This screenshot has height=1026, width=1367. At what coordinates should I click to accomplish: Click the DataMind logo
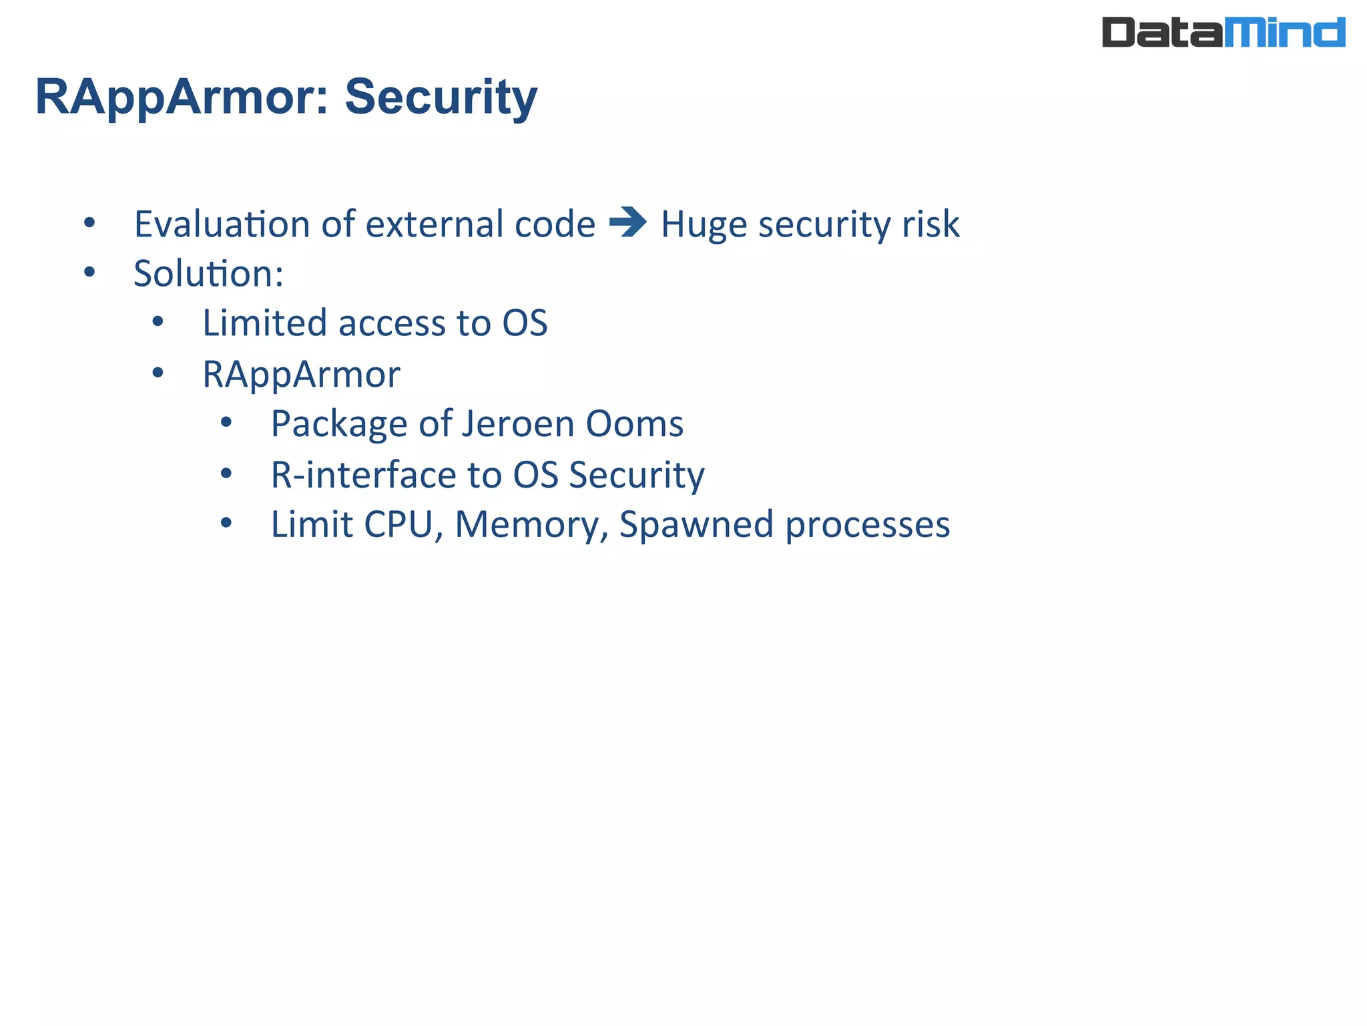pyautogui.click(x=1223, y=32)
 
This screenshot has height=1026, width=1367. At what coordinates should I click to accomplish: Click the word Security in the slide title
pyautogui.click(x=441, y=98)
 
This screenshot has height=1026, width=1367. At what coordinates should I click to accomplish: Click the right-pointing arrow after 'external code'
pyautogui.click(x=627, y=222)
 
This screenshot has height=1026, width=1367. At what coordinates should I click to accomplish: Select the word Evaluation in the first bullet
pyautogui.click(x=221, y=224)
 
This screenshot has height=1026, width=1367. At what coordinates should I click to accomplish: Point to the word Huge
pyautogui.click(x=703, y=225)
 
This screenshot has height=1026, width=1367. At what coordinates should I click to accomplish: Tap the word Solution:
pyautogui.click(x=208, y=274)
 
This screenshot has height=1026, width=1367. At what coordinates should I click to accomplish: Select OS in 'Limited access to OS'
pyautogui.click(x=525, y=323)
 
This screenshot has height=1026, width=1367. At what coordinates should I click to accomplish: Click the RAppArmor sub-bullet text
pyautogui.click(x=301, y=374)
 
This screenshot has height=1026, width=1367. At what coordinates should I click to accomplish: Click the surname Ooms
pyautogui.click(x=634, y=424)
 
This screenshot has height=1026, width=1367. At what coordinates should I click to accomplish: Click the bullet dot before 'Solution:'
pyautogui.click(x=89, y=273)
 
